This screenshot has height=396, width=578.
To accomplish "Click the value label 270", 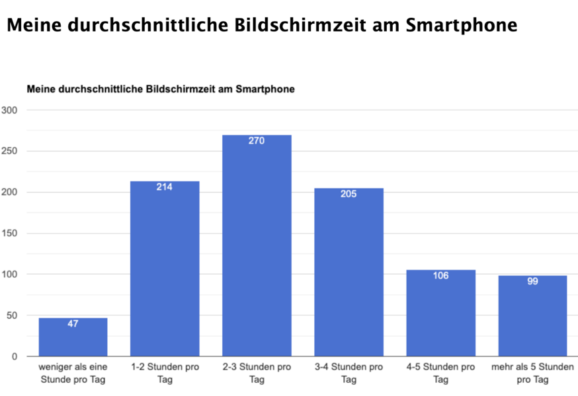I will click(257, 141).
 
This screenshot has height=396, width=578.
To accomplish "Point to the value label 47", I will click(73, 324).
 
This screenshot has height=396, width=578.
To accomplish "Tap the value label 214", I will click(165, 187).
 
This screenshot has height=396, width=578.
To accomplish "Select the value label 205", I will click(349, 194).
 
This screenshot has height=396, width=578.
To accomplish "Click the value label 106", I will click(440, 275).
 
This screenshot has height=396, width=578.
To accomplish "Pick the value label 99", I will click(532, 281).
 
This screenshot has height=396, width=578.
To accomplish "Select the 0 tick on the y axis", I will click(14, 356).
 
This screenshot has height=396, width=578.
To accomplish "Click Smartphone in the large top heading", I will click(460, 26).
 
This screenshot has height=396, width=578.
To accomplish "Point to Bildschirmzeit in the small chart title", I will click(173, 88).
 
